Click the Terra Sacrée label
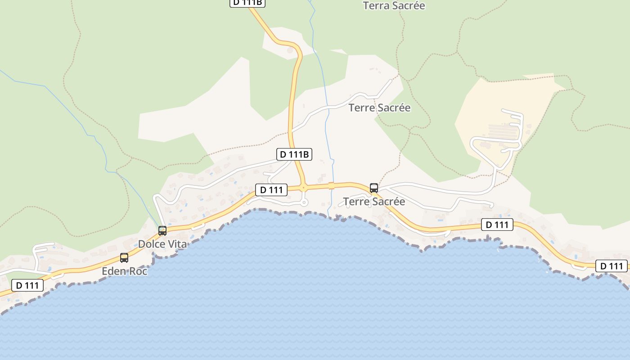[394, 6]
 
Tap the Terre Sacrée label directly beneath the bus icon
[374, 202]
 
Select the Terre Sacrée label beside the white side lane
[379, 108]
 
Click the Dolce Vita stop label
[162, 244]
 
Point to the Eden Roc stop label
[125, 271]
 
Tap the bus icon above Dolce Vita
[162, 231]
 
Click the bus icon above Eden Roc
[124, 258]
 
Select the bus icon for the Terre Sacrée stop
[374, 188]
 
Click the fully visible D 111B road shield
[294, 154]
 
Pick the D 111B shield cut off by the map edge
[247, 3]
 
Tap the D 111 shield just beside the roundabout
[271, 190]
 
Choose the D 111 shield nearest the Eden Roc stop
[27, 285]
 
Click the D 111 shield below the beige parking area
[497, 225]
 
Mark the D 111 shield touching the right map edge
[612, 266]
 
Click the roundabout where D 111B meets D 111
[304, 188]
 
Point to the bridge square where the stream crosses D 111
[332, 185]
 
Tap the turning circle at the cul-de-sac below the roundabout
[304, 203]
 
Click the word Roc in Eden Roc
[139, 271]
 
